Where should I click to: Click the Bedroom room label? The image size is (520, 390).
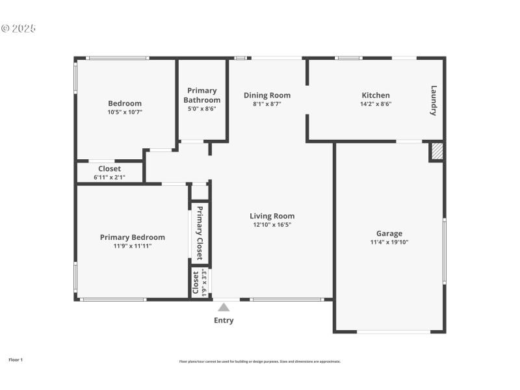tap(124, 103)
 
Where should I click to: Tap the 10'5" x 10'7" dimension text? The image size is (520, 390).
tap(124, 112)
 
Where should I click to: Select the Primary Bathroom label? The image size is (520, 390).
tap(201, 96)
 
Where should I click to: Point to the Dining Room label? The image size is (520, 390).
tap(267, 96)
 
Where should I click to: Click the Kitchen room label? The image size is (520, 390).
tap(376, 96)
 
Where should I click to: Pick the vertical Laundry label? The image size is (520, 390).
tap(434, 101)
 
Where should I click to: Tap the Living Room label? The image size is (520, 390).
tap(272, 216)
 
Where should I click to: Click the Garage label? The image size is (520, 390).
tap(389, 233)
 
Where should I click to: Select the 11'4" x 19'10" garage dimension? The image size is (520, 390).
tap(389, 242)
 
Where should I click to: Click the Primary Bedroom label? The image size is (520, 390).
tap(133, 237)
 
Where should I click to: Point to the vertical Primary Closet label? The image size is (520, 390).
tap(200, 233)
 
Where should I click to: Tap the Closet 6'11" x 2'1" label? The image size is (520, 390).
tap(110, 172)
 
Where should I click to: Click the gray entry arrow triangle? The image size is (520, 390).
tap(224, 307)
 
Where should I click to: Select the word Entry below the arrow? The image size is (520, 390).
tap(224, 320)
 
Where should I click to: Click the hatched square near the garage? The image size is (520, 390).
tap(437, 151)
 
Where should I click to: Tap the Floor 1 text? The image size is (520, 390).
tap(16, 359)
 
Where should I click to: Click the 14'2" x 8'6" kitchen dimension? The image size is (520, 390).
tap(376, 104)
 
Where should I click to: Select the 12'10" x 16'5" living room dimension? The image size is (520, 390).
tap(272, 225)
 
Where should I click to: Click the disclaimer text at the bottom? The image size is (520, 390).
tap(260, 361)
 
